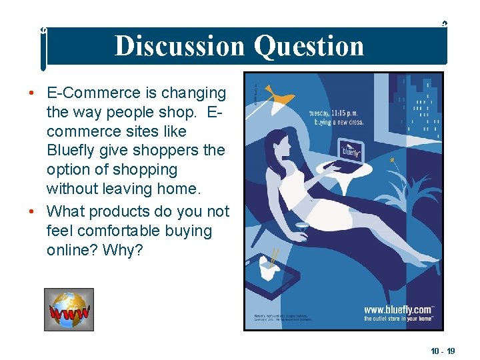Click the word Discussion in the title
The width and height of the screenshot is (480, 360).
point(180,46)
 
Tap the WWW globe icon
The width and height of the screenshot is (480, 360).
point(69,309)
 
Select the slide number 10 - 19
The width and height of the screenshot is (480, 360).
point(442,351)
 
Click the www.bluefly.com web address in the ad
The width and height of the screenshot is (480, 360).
point(399,309)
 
